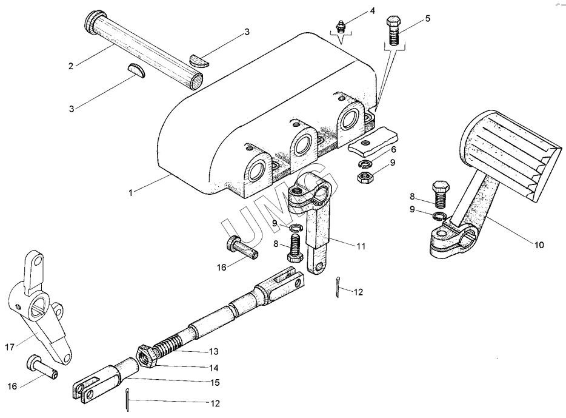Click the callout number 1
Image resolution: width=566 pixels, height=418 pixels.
click(131, 193)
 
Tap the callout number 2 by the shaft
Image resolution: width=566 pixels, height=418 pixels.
click(71, 66)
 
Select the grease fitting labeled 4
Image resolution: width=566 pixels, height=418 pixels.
click(340, 27)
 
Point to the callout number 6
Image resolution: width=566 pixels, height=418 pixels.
click(393, 150)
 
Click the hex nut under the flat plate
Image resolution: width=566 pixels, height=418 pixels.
click(365, 177)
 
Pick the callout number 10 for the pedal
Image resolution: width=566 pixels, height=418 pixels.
click(539, 245)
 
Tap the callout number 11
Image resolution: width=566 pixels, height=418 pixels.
click(361, 246)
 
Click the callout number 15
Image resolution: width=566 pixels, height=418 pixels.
click(215, 383)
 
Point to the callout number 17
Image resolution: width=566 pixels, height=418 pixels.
click(9, 347)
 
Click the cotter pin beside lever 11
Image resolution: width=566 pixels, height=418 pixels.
click(337, 286)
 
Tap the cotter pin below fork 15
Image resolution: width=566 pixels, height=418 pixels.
click(127, 399)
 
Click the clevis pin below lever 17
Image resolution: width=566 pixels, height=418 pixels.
click(42, 366)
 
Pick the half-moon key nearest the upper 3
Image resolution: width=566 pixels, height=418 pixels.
click(199, 60)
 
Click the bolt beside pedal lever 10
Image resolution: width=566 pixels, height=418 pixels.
click(441, 194)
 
